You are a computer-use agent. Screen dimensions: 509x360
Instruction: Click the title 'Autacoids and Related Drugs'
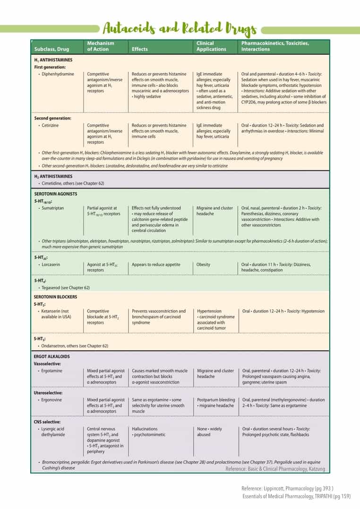pos(180,29)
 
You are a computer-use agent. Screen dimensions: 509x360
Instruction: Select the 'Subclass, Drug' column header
pos(52,49)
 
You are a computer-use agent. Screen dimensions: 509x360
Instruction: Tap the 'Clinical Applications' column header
pos(211,46)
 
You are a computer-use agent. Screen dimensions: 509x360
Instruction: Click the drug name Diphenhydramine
pos(57,74)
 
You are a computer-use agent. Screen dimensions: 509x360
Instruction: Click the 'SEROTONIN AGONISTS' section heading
pos(56,194)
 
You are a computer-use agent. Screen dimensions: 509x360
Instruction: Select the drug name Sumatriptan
pos(52,208)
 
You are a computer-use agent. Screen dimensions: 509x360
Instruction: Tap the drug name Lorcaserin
pos(51,265)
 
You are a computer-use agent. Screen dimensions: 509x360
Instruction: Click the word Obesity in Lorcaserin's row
pos(204,265)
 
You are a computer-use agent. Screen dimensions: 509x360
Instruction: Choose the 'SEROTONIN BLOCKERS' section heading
pos(56,297)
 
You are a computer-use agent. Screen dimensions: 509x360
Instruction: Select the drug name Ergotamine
pos(52,371)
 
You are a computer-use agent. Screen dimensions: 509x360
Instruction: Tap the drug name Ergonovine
pos(52,400)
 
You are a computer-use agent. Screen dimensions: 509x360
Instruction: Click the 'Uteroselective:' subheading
pos(49,393)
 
